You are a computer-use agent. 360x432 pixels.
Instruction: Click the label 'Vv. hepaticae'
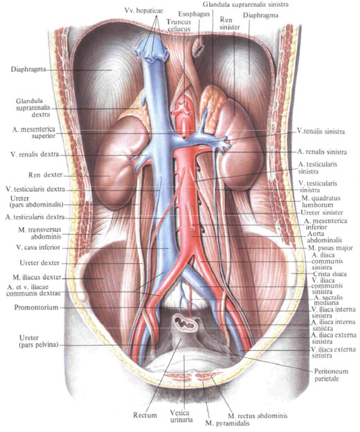click(x=143, y=10)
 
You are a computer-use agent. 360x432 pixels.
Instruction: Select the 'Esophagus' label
click(x=194, y=14)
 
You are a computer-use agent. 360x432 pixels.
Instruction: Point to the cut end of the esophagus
click(x=198, y=48)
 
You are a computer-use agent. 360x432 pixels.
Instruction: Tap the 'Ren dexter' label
click(x=45, y=175)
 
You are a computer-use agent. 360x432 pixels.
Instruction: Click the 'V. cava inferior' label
click(x=38, y=247)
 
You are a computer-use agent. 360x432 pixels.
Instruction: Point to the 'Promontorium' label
click(x=37, y=307)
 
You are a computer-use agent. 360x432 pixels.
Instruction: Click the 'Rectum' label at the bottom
click(x=145, y=415)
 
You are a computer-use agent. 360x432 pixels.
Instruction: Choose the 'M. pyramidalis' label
click(x=228, y=423)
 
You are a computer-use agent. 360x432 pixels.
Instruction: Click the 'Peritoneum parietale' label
click(x=331, y=375)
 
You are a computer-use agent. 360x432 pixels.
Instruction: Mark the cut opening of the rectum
click(x=185, y=323)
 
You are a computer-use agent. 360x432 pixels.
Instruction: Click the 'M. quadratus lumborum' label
click(x=321, y=201)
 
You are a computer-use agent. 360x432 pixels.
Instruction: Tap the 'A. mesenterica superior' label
click(x=34, y=132)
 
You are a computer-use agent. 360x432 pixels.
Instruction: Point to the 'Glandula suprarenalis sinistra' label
click(x=246, y=4)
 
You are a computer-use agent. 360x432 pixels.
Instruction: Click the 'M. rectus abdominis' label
click(x=258, y=415)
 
